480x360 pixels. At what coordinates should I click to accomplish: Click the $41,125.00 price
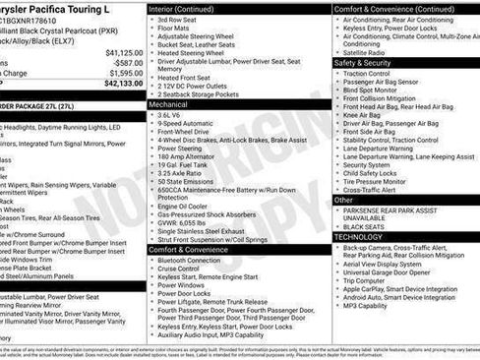(x=124, y=52)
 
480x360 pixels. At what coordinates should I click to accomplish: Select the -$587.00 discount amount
(x=128, y=62)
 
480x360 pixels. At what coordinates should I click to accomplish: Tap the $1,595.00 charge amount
(x=125, y=73)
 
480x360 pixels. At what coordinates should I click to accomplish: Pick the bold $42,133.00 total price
(x=124, y=84)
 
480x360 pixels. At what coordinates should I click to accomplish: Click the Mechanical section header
(x=169, y=102)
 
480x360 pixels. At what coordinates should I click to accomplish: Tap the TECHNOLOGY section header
(x=358, y=237)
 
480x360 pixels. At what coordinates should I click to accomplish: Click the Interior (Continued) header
(x=182, y=8)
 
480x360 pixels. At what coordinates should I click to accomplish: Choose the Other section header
(x=344, y=200)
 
